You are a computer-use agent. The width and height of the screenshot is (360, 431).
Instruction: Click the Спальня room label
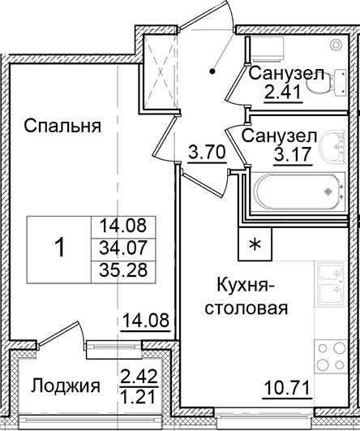pos(62,126)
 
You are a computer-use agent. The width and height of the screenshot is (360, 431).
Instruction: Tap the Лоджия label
pos(65,386)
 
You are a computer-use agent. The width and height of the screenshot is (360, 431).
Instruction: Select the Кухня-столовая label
pos(253,297)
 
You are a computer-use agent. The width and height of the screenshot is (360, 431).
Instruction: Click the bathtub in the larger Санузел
pos(294,194)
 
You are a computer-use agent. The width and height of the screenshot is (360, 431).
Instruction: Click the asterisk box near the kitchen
pos(255,243)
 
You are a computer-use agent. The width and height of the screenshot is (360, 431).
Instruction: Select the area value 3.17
pos(288,154)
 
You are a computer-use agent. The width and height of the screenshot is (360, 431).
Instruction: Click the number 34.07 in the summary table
pos(122,245)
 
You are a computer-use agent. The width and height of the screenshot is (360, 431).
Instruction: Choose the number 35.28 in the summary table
pos(122,267)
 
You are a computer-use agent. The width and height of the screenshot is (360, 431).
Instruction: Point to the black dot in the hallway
pos(212,71)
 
